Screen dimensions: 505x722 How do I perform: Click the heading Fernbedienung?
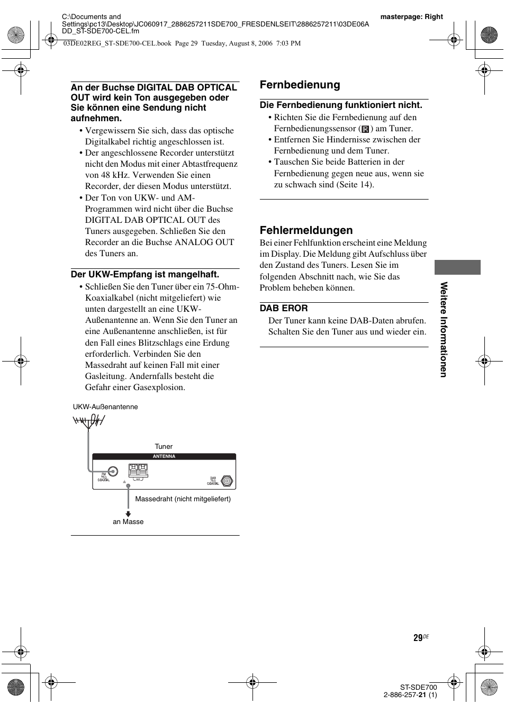[x=300, y=85]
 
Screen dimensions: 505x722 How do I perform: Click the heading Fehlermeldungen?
[x=306, y=230]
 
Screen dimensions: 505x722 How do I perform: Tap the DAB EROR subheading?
[x=283, y=308]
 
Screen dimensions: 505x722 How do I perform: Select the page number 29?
[x=418, y=638]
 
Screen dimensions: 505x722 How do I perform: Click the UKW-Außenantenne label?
[x=105, y=407]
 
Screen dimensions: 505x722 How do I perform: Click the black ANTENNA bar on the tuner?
[x=164, y=456]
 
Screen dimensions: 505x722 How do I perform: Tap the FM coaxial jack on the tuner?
[x=113, y=472]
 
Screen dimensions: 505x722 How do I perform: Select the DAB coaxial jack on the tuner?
[x=227, y=481]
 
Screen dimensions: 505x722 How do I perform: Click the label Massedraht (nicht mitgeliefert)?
[x=183, y=499]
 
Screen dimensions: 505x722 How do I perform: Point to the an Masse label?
[x=128, y=522]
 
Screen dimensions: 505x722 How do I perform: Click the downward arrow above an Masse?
[x=128, y=513]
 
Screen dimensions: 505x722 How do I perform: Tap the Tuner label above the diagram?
[x=164, y=447]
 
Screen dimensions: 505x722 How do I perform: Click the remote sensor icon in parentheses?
[x=365, y=129]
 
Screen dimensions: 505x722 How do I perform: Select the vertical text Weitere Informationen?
[x=444, y=329]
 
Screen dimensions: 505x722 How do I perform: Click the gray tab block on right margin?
[x=457, y=267]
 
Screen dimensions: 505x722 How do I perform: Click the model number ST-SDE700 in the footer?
[x=418, y=688]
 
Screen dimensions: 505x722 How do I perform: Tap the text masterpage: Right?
[x=411, y=16]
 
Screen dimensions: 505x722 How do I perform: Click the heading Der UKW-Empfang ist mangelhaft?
[x=145, y=274]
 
